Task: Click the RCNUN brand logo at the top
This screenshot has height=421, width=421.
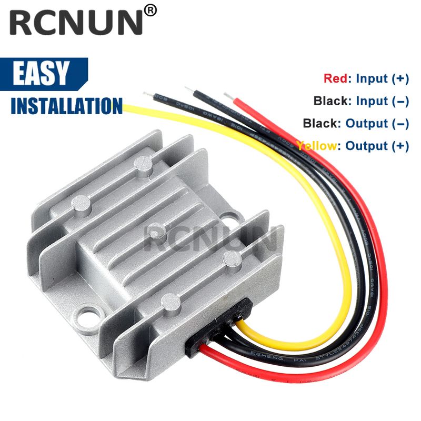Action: [76, 24]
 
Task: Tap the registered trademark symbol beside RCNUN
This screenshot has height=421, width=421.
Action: [151, 11]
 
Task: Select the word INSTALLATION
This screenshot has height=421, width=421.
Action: [66, 104]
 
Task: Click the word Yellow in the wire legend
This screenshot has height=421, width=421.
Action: [316, 146]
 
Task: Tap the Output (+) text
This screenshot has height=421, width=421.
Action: [377, 146]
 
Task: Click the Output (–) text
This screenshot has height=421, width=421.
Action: [377, 124]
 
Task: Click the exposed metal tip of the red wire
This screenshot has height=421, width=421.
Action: [228, 95]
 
